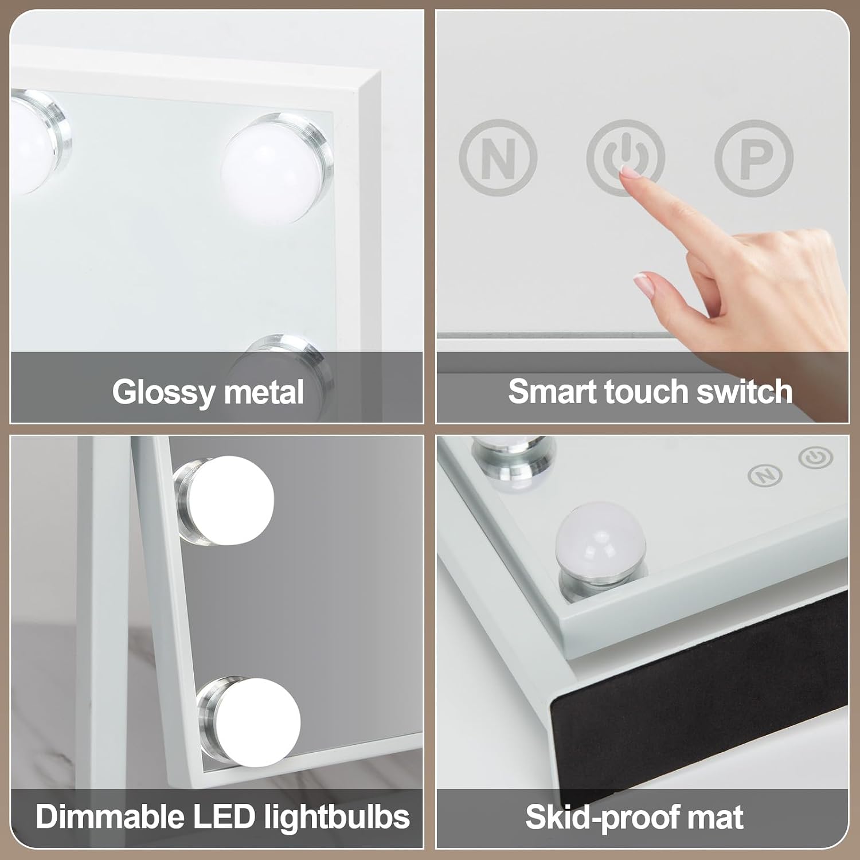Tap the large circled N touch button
point(498,157)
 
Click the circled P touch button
point(754,157)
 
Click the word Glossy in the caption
point(163,393)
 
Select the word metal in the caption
point(263,392)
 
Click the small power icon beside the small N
point(816,458)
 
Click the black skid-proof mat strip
point(699,674)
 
